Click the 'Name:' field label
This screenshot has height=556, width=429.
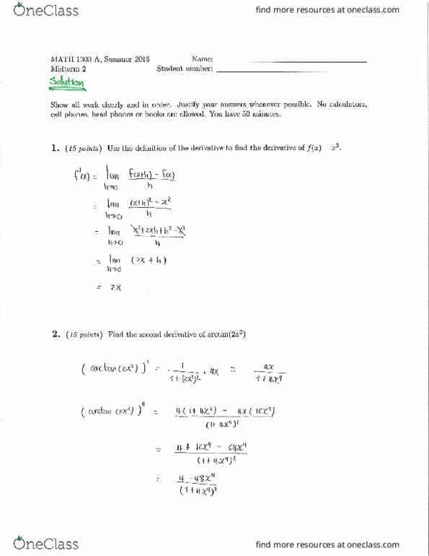coord(202,58)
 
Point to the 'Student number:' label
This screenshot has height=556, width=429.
coord(185,69)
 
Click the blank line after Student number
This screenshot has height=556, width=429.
coord(291,71)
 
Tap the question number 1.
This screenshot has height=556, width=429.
coord(54,149)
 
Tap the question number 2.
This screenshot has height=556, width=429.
coord(54,334)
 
